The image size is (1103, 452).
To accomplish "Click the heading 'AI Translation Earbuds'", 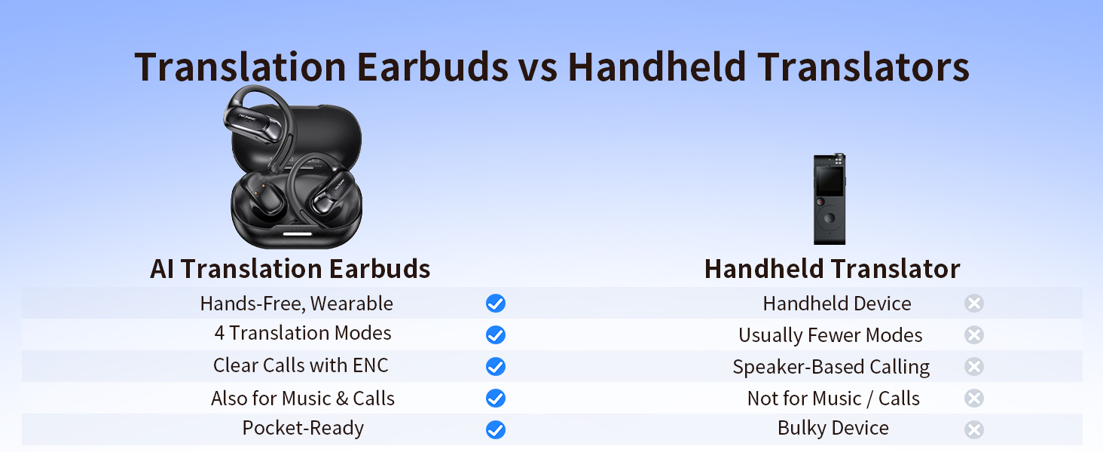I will (290, 269).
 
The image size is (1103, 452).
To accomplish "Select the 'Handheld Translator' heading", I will (832, 269).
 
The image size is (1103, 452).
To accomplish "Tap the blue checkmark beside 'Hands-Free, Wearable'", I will (495, 304).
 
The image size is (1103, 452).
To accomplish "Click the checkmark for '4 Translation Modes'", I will (495, 335).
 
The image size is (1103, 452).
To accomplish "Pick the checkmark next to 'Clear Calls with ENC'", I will (495, 367).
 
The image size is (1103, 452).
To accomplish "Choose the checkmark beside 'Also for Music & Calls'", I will (495, 399).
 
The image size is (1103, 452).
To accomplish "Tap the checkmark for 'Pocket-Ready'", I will (495, 430).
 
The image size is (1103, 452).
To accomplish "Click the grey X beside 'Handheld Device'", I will (974, 304).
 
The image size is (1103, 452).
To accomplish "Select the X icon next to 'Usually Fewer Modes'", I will (974, 335).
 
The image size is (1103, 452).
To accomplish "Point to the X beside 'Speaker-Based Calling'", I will (974, 367).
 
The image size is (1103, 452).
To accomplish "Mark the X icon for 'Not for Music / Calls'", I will (974, 399).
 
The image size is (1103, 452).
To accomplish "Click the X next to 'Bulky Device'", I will (974, 430).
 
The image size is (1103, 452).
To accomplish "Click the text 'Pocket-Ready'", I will (303, 429).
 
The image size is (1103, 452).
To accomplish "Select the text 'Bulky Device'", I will (833, 429).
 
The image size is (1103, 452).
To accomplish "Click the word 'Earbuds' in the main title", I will (432, 67).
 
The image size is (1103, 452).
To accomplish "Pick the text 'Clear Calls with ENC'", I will (301, 365).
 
